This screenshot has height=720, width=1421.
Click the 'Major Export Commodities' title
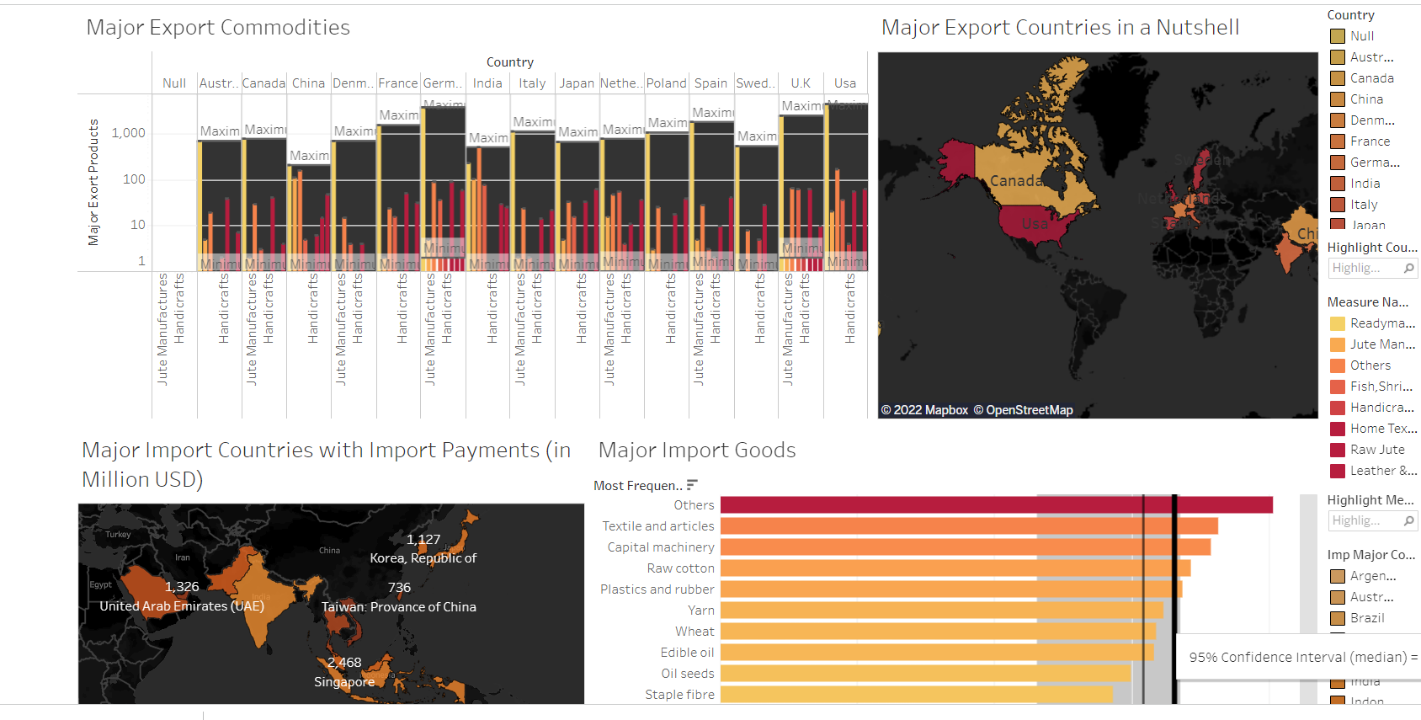point(218,28)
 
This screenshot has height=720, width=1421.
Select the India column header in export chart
point(487,83)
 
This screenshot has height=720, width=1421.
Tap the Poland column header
point(667,83)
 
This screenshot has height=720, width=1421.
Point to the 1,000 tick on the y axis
point(128,133)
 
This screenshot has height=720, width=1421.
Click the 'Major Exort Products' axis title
point(93,182)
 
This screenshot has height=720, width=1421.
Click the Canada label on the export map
point(1017,181)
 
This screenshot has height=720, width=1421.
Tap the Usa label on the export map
point(1035,224)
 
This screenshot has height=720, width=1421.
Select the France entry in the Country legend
point(1370,141)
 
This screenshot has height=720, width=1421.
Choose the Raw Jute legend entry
point(1377,450)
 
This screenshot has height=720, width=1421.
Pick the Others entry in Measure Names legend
point(1370,365)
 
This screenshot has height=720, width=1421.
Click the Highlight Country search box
point(1365,268)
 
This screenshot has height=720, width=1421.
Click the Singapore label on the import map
point(344,682)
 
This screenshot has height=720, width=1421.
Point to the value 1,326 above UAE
point(182,587)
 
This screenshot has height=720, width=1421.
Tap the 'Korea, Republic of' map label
point(423,558)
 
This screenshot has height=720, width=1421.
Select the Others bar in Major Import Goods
point(996,505)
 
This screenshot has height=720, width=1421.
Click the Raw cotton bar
point(955,568)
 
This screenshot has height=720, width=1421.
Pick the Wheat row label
point(695,632)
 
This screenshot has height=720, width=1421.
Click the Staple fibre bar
point(916,695)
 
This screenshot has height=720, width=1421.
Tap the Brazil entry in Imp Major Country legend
point(1367,618)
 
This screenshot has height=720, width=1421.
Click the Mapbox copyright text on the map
point(924,410)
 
